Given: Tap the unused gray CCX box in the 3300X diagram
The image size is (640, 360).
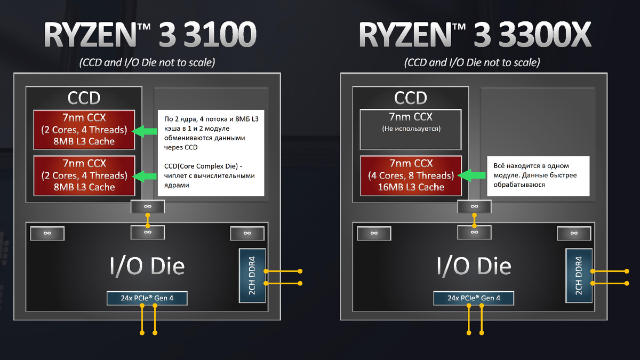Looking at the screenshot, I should (411, 130).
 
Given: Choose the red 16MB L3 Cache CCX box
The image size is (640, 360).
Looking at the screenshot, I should (411, 175).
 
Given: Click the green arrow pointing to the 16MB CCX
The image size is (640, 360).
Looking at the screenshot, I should (473, 175).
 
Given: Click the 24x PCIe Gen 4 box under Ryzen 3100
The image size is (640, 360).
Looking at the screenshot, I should (147, 298).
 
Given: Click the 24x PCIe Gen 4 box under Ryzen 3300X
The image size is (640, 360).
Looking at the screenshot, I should (474, 298).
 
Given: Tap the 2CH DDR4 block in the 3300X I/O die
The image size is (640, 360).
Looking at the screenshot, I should (578, 275).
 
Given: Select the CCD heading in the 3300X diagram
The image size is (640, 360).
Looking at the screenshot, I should (411, 98).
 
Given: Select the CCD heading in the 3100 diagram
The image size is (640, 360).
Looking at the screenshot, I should (84, 98).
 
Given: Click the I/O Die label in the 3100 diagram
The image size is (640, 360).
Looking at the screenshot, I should (147, 266).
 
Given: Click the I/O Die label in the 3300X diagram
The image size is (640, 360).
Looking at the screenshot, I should (474, 266).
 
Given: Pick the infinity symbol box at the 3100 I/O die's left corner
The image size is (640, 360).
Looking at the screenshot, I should (47, 233).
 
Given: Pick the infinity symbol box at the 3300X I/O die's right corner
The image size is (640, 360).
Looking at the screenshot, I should (574, 233).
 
